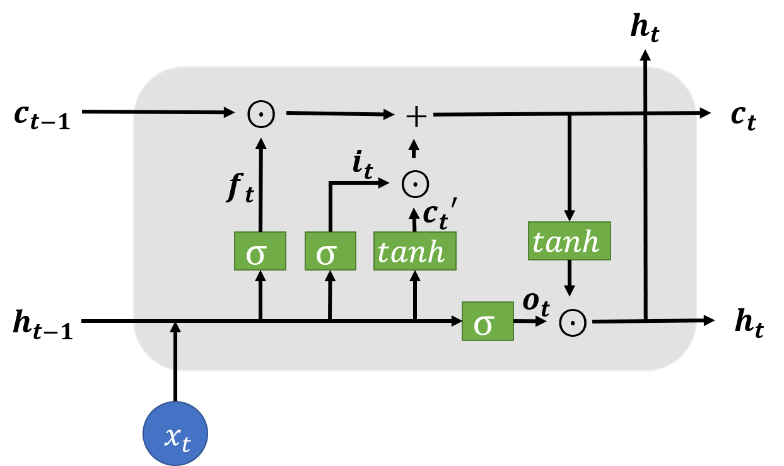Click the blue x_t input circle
[x=175, y=433]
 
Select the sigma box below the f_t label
[x=260, y=251]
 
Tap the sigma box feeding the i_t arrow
[x=331, y=251]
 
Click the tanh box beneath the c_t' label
[x=414, y=251]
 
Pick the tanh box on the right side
[x=569, y=241]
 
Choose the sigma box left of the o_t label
[x=488, y=322]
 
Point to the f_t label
[x=240, y=187]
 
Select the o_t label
[x=536, y=302]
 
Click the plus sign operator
[x=416, y=117]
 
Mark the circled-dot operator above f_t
[x=261, y=114]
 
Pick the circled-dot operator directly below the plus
[x=415, y=184]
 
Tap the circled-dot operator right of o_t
[x=573, y=323]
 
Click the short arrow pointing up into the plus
[x=414, y=149]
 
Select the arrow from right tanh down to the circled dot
[x=569, y=278]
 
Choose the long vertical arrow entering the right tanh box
[x=569, y=167]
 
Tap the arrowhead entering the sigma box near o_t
[x=457, y=321]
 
